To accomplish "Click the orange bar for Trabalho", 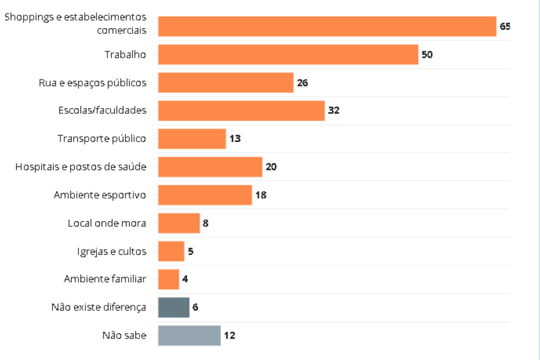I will (288, 54).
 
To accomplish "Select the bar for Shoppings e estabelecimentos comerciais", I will (327, 27).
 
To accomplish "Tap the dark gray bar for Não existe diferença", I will (174, 307).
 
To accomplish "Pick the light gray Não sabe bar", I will (189, 335).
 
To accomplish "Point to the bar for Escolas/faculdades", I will (241, 111).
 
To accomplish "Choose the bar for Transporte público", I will (192, 139).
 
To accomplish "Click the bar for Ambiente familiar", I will (169, 279).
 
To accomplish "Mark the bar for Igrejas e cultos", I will (171, 251).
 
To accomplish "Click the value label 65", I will (505, 27).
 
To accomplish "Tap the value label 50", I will (427, 55).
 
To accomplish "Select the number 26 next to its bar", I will (302, 83).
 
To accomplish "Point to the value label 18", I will (261, 195).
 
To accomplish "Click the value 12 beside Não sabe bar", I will (229, 335).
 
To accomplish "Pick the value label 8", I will (205, 223).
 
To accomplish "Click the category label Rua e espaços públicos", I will (92, 83).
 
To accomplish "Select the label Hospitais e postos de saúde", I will (81, 167).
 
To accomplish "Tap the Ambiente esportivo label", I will (99, 195).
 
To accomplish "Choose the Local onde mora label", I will (107, 223).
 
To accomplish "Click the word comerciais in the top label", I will (121, 31).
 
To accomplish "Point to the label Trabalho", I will (125, 55).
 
